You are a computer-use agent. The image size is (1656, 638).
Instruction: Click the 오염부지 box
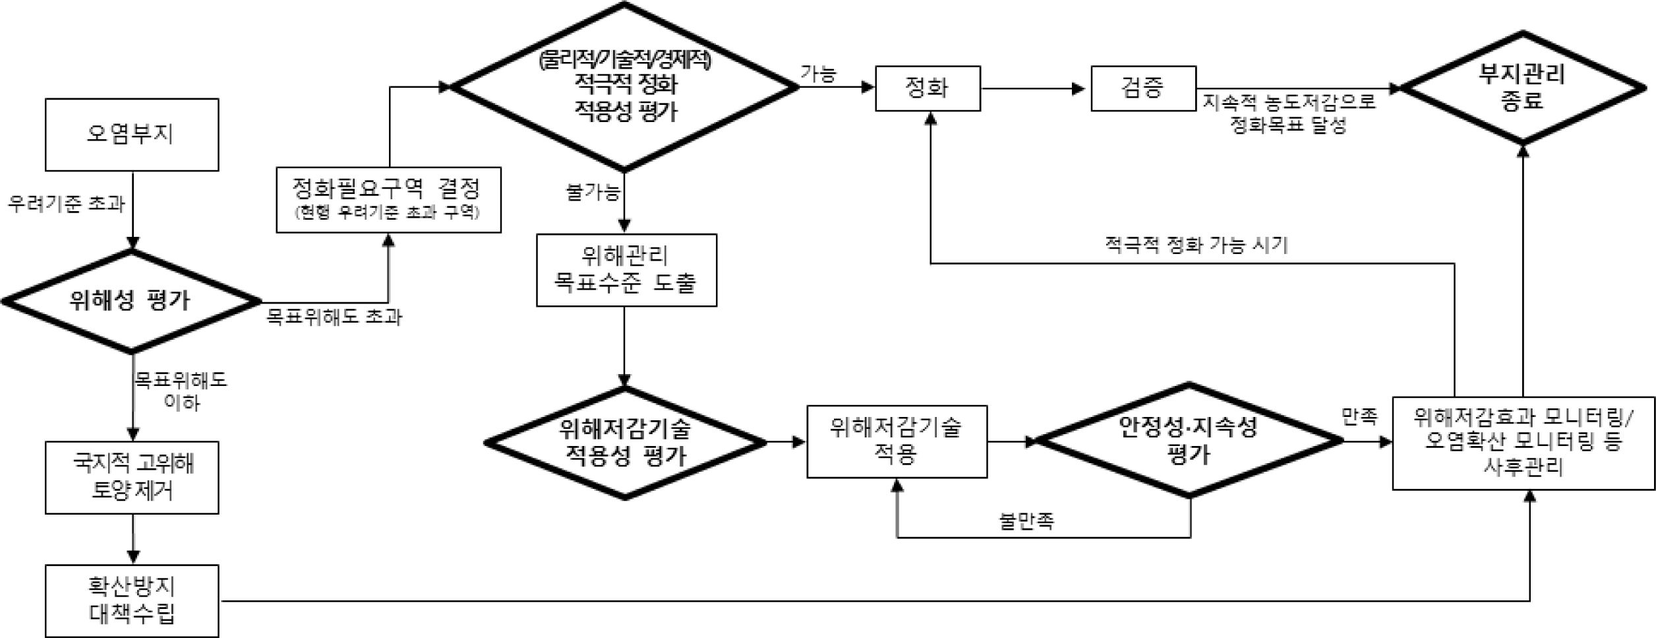pos(132,135)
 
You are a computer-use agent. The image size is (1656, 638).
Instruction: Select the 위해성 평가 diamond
pos(131,301)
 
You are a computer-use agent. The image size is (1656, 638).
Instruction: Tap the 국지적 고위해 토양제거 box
pos(132,477)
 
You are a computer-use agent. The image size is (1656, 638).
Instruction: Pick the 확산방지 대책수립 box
pos(132,600)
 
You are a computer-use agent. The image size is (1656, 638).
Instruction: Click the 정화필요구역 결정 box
pos(388,199)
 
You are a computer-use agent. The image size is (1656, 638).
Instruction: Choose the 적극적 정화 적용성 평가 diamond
pos(624,87)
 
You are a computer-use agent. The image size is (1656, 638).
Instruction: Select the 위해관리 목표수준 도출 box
pos(626,270)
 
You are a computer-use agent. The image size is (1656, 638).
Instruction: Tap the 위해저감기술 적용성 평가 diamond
pos(624,443)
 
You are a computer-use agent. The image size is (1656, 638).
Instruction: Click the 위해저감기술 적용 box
pos(897,441)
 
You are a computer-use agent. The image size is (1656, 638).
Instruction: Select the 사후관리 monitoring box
pos(1523,443)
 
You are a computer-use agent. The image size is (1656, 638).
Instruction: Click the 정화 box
pos(927,88)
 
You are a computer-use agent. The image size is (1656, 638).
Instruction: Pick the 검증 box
pos(1142,88)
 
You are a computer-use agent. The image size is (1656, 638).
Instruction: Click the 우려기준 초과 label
pos(66,204)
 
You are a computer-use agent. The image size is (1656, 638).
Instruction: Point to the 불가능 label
pos(593,193)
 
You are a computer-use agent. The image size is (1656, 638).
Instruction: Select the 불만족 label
pos(1026,521)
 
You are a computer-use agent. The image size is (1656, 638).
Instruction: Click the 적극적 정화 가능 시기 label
pos(1195,245)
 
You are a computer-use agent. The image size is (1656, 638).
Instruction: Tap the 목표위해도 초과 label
pos(334,317)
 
